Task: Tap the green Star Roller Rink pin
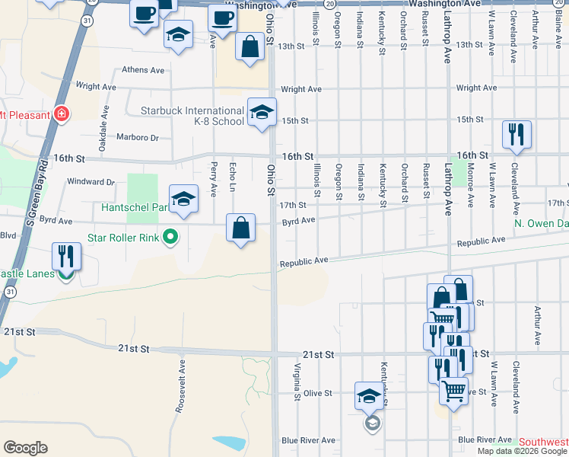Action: pos(171,238)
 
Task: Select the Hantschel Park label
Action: pos(134,206)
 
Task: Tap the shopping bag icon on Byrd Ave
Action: pos(240,228)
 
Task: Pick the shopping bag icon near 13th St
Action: pos(250,46)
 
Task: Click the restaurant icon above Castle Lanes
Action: pos(66,256)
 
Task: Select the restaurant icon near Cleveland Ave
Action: pos(517,135)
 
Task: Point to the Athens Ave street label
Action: pos(144,70)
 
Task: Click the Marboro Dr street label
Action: pos(138,138)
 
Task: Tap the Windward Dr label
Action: pos(91,182)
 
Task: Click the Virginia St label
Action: pos(295,382)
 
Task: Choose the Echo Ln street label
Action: pos(233,177)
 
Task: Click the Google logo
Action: pos(25,447)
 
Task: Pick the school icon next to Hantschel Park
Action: pos(183,200)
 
